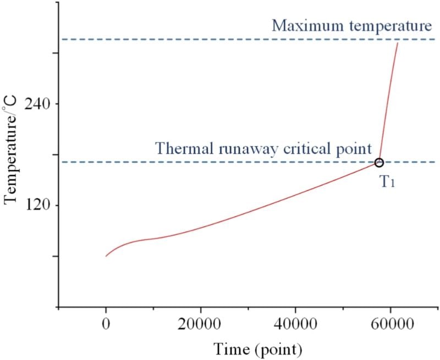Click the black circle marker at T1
379,162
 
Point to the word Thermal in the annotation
179,148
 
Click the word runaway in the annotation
233,148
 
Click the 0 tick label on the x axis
106,324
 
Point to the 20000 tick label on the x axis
200,324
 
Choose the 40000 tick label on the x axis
295,324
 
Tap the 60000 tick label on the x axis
390,324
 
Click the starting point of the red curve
106,256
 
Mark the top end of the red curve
398,43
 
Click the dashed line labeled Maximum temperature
165,40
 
